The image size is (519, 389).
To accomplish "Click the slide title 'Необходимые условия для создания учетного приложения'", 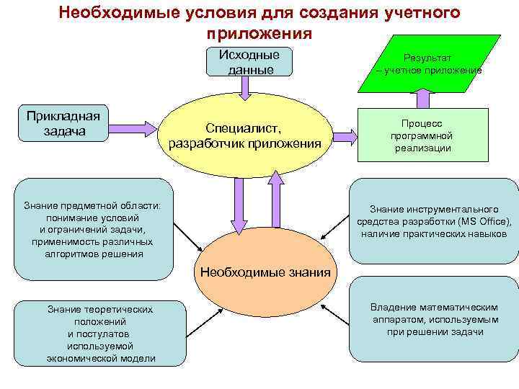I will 259,22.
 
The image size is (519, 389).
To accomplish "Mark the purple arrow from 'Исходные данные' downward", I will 245,88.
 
